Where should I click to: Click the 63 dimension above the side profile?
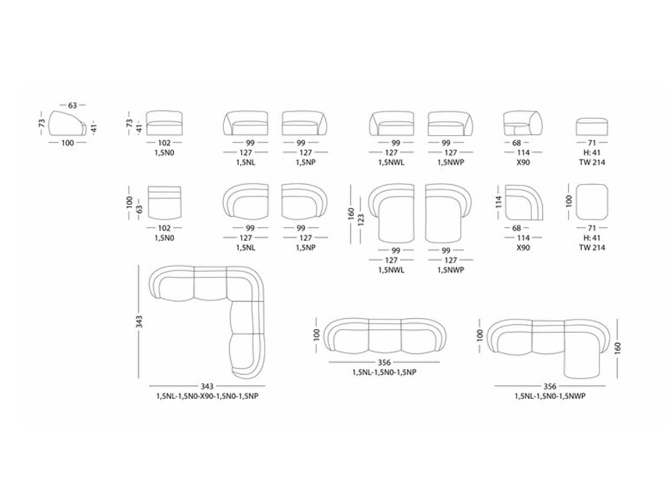point(72,105)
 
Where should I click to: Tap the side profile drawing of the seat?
point(68,123)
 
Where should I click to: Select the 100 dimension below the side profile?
point(67,142)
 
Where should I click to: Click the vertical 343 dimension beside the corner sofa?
point(139,322)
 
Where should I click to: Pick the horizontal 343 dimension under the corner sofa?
point(207,386)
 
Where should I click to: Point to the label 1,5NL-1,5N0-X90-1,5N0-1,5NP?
point(207,396)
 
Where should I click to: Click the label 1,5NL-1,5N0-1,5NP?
point(384,372)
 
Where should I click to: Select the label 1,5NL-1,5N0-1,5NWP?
point(550,396)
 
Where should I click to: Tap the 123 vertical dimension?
point(361,220)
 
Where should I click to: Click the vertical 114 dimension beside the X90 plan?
point(499,202)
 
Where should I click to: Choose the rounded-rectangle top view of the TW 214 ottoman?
point(592,202)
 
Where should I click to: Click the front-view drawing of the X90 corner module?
point(523,123)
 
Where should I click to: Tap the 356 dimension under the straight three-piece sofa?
point(384,362)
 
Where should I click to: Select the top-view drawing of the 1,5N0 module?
point(164,202)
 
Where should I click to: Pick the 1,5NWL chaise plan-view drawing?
point(391,213)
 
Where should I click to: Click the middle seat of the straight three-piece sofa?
point(385,337)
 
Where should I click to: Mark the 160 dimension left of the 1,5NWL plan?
point(351,213)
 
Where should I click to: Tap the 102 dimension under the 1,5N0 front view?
point(164,142)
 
